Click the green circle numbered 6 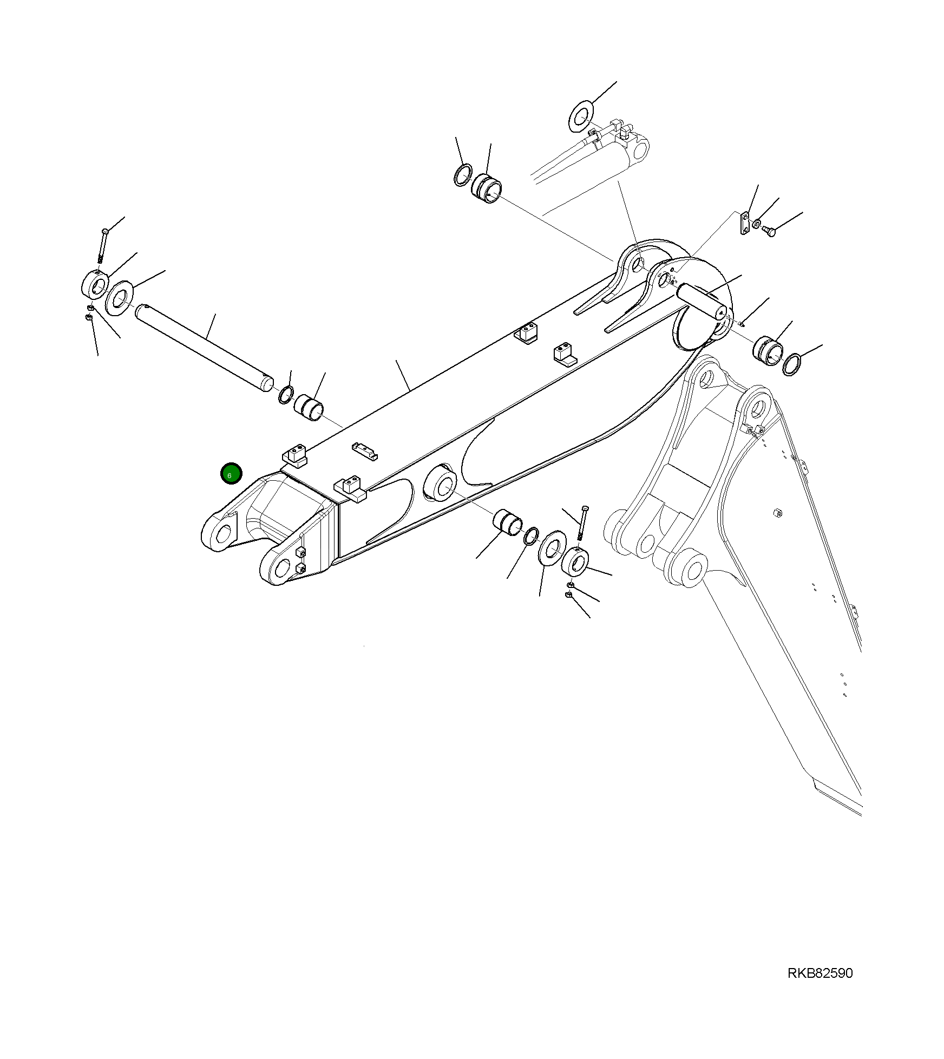231,474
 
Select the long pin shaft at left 204,347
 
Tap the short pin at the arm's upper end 702,301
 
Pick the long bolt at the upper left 103,245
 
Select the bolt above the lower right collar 582,522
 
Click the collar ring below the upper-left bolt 95,284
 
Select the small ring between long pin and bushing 286,395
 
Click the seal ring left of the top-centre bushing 462,175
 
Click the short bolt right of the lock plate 769,232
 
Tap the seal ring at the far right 792,364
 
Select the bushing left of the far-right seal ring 768,349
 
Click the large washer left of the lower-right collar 553,548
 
